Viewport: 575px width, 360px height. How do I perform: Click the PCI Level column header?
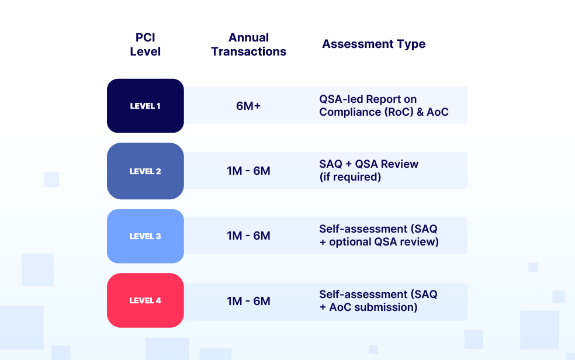coord(146,44)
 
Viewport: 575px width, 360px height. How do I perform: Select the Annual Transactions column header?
coord(248,44)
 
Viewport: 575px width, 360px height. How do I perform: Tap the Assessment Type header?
coord(373,44)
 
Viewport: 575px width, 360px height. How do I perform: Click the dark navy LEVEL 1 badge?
coord(146,106)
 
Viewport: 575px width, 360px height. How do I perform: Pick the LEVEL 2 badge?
coord(146,171)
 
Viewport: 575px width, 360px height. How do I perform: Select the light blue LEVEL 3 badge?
coord(146,236)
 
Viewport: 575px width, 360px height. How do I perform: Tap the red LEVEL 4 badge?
coord(146,300)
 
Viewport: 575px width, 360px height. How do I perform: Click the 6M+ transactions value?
coord(248,106)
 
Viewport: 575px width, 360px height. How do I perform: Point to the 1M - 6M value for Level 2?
coord(248,171)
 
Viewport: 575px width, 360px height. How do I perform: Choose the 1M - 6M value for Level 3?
coord(248,236)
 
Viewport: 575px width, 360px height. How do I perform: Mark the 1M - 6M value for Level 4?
coord(248,301)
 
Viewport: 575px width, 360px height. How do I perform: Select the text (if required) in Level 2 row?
coord(350,177)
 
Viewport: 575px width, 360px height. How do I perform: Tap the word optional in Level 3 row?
coord(350,242)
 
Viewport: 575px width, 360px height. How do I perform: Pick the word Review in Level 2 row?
coord(400,164)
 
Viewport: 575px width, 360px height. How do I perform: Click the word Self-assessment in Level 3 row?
coord(363,229)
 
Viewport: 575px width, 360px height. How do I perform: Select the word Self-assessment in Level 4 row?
coord(363,295)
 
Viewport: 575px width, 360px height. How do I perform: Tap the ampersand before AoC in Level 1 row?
coord(420,112)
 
